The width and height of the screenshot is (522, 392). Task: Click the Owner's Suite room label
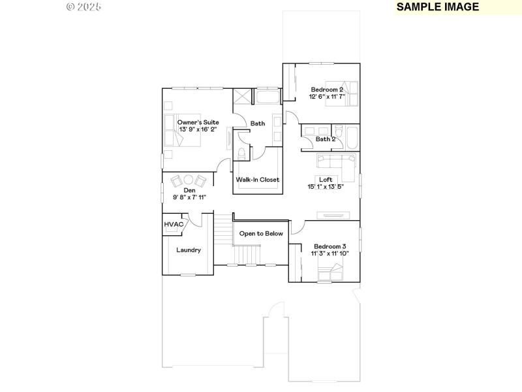(198, 122)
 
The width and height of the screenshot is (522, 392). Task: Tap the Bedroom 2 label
(327, 90)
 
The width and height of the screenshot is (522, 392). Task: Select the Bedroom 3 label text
(330, 246)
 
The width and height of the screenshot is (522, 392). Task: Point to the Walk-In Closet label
(257, 180)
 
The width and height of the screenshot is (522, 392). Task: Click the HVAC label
(173, 225)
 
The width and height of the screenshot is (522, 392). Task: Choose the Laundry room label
(189, 250)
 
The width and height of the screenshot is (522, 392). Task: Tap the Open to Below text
(261, 233)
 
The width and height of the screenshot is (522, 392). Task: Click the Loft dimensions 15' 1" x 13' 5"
(326, 187)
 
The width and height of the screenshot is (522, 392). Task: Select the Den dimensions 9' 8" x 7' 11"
(189, 197)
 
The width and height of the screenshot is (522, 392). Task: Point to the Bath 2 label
(326, 139)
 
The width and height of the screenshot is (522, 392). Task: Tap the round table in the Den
(188, 180)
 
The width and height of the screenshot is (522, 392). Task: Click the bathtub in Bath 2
(352, 139)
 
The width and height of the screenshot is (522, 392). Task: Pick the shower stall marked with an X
(241, 96)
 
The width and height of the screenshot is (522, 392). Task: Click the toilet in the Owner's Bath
(242, 154)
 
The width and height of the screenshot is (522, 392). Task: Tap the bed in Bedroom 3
(330, 272)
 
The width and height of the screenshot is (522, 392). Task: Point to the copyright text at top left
(85, 7)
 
